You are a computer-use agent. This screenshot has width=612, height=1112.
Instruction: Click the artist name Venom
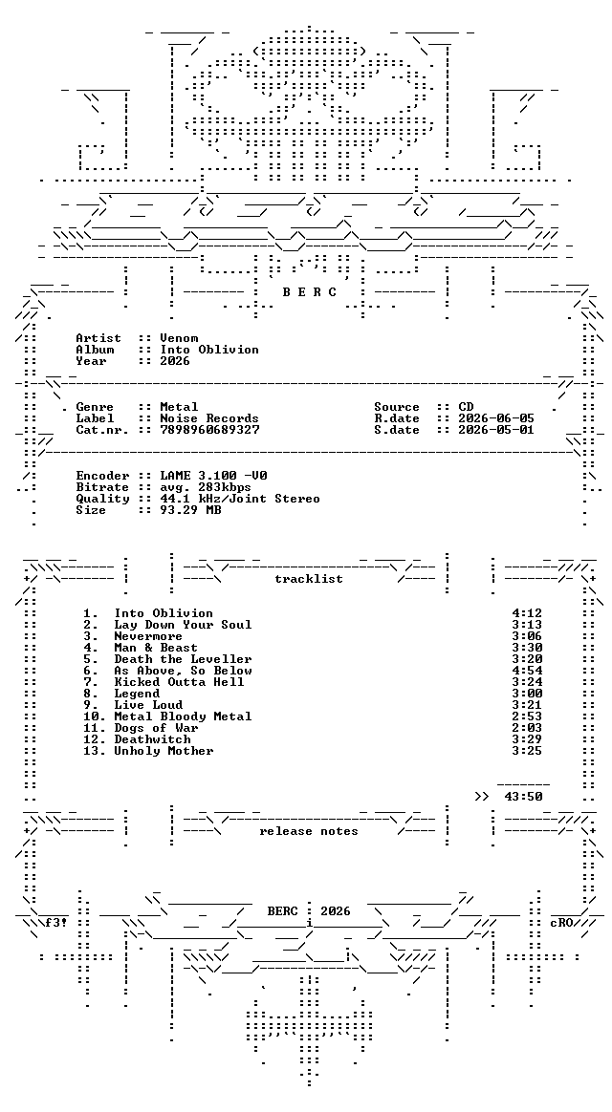(x=179, y=338)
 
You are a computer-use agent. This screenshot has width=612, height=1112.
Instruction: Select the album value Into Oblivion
(x=209, y=350)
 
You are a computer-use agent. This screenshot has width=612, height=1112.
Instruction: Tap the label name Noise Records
(x=209, y=418)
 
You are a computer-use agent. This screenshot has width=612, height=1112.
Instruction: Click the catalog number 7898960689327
(x=209, y=430)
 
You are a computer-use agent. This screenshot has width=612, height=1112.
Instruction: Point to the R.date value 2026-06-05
(x=496, y=418)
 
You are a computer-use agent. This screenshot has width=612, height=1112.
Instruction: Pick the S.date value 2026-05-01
(x=496, y=430)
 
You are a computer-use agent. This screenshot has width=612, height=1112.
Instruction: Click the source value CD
(x=466, y=407)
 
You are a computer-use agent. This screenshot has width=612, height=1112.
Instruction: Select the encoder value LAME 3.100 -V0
(x=213, y=476)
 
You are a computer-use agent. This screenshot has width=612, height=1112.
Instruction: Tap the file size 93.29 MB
(x=191, y=510)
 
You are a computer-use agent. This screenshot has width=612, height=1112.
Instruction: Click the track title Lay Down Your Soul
(x=184, y=625)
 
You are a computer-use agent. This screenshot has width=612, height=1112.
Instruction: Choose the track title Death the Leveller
(x=184, y=659)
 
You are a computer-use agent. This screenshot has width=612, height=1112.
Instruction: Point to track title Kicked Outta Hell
(x=179, y=682)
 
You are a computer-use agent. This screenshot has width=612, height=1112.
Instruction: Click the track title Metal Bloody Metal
(x=184, y=716)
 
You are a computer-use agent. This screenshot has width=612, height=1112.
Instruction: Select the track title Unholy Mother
(x=164, y=751)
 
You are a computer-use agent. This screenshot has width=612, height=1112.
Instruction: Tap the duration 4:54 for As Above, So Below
(x=527, y=671)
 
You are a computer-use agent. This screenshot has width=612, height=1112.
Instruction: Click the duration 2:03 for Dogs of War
(x=527, y=728)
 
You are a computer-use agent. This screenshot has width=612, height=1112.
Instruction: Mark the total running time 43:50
(x=523, y=797)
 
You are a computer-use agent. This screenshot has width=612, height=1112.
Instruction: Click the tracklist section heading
(x=309, y=579)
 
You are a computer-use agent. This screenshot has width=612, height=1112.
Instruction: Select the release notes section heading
(x=309, y=831)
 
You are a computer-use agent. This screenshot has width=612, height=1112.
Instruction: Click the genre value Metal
(x=179, y=407)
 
